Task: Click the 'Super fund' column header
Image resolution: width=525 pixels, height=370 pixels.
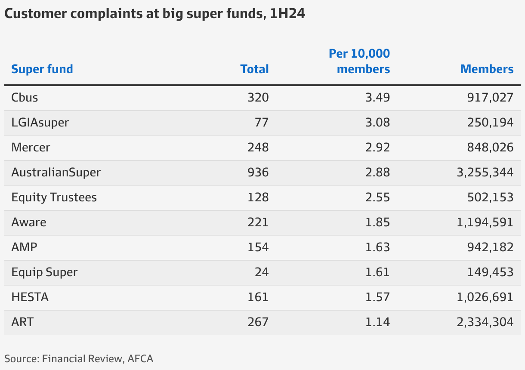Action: [x=42, y=69]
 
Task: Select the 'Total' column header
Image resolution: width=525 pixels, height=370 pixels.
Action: [x=254, y=69]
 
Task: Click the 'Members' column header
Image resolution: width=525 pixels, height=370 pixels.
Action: [x=487, y=69]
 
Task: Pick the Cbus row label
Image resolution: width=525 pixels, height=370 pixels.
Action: [x=25, y=98]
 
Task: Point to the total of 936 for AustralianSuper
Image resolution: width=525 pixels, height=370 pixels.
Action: [x=258, y=173]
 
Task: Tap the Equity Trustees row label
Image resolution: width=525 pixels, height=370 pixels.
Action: [x=54, y=197]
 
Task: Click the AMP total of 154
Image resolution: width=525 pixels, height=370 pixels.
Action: [x=258, y=247]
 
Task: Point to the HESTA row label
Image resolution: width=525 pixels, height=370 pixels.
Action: [x=30, y=297]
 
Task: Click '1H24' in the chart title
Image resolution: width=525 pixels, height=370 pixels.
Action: [x=288, y=14]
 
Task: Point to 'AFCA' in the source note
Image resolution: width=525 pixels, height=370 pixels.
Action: [x=140, y=358]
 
